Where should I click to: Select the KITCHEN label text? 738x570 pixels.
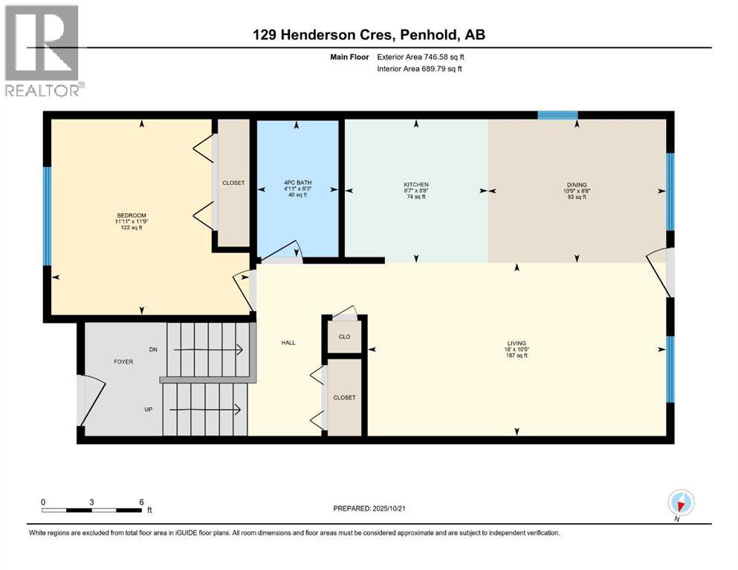pyautogui.click(x=415, y=185)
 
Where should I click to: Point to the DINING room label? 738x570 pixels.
pyautogui.click(x=577, y=185)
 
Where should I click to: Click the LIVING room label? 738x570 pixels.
pyautogui.click(x=517, y=344)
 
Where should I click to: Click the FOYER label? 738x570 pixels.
pyautogui.click(x=123, y=364)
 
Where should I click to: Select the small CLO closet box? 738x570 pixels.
pyautogui.click(x=344, y=336)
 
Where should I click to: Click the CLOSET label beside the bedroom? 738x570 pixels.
pyautogui.click(x=233, y=183)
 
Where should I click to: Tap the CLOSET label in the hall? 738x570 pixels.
pyautogui.click(x=344, y=398)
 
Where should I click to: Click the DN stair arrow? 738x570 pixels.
pyautogui.click(x=208, y=349)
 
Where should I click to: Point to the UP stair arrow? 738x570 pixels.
pyautogui.click(x=208, y=409)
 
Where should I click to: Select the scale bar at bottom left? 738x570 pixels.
pyautogui.click(x=92, y=509)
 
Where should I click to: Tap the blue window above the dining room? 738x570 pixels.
pyautogui.click(x=557, y=115)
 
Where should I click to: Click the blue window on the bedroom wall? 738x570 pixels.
pyautogui.click(x=47, y=216)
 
